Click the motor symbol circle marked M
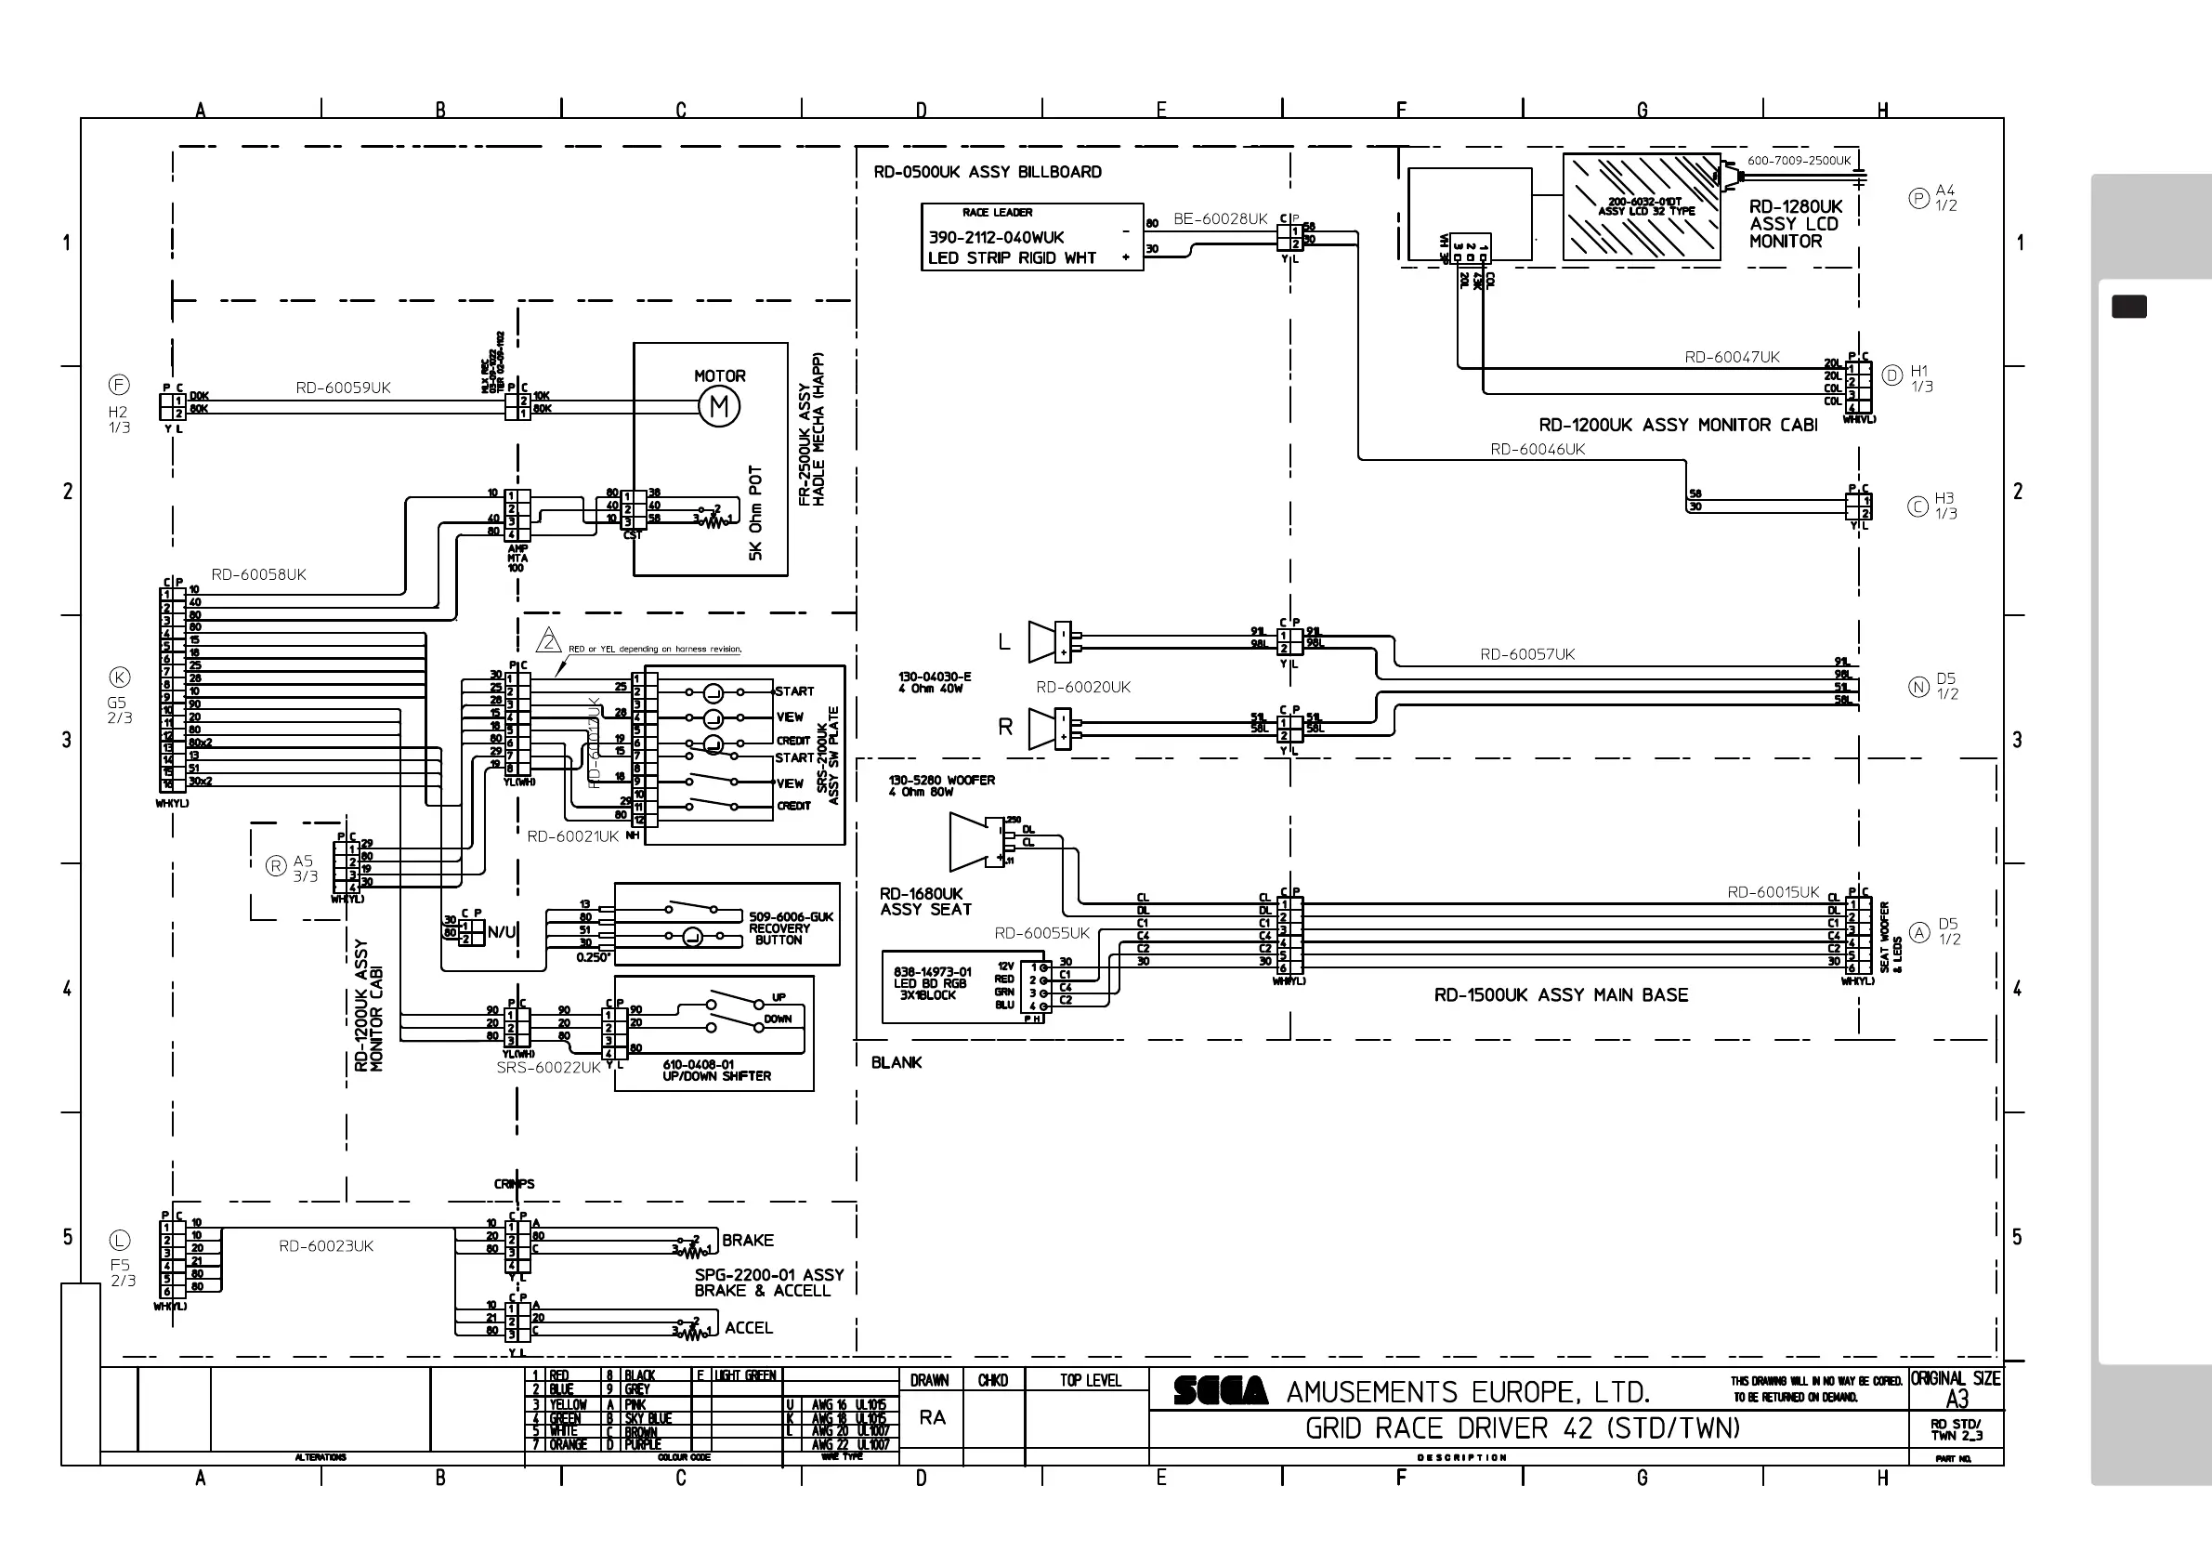pyautogui.click(x=719, y=407)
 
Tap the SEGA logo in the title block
pyautogui.click(x=1221, y=1390)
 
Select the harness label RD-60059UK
pyautogui.click(x=343, y=388)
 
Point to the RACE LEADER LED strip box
pyautogui.click(x=1032, y=237)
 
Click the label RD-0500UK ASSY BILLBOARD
pyautogui.click(x=988, y=173)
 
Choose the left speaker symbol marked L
pyautogui.click(x=1043, y=642)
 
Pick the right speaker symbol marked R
pyautogui.click(x=1043, y=730)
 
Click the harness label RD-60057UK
pyautogui.click(x=1527, y=655)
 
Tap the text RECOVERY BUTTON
pyautogui.click(x=779, y=934)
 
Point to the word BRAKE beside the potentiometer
pyautogui.click(x=748, y=1241)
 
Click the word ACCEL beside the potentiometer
pyautogui.click(x=749, y=1328)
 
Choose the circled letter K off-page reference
pyautogui.click(x=120, y=677)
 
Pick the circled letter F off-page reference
pyautogui.click(x=119, y=386)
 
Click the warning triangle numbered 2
pyautogui.click(x=548, y=640)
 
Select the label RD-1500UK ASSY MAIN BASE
pyautogui.click(x=1561, y=995)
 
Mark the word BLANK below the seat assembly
pyautogui.click(x=896, y=1063)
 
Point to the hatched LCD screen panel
pyautogui.click(x=1641, y=207)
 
